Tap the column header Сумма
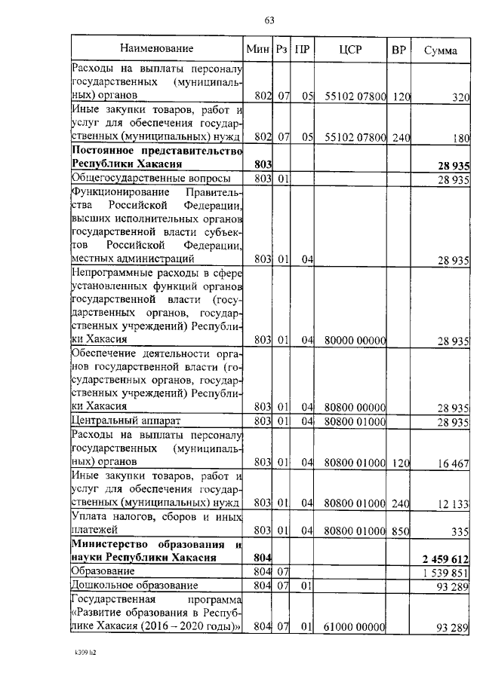(x=440, y=50)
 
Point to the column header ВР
(x=400, y=50)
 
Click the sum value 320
(x=460, y=97)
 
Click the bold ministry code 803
(x=263, y=164)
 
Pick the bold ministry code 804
(x=263, y=558)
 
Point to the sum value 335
(x=460, y=531)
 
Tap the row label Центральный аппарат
(x=122, y=420)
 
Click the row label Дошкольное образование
(x=129, y=586)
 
